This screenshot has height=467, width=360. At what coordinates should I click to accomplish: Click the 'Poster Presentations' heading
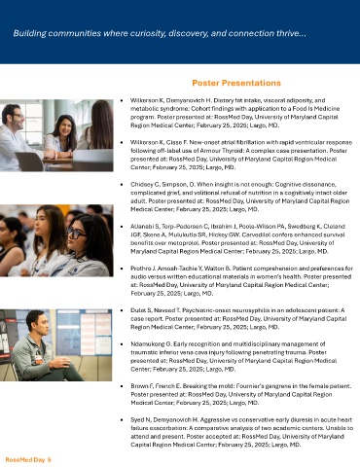point(236,83)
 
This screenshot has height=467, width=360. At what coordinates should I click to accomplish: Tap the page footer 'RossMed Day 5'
point(28,460)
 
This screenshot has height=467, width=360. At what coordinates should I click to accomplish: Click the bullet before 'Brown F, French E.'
point(122,386)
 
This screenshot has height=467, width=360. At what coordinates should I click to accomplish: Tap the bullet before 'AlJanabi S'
point(122,227)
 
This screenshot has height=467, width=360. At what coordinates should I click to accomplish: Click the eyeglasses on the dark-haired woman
point(76,233)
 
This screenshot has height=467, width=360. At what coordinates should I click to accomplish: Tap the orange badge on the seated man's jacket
point(39,359)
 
